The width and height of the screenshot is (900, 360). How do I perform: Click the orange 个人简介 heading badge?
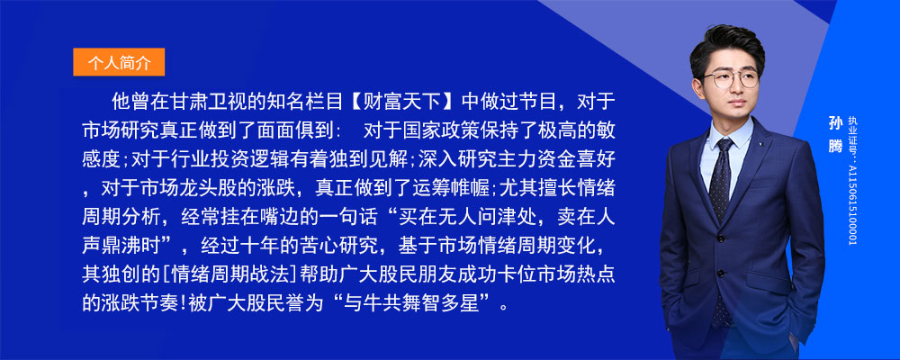(x=119, y=62)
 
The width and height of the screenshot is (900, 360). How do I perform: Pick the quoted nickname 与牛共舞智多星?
(x=415, y=302)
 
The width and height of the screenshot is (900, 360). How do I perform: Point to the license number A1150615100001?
(x=851, y=203)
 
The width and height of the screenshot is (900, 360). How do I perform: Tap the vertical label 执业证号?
(x=851, y=137)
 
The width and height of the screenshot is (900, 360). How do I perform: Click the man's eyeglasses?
(x=732, y=78)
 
